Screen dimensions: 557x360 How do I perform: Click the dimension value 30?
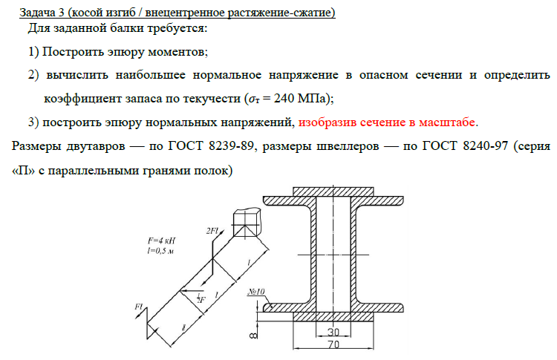332,331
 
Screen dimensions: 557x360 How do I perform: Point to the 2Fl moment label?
215,231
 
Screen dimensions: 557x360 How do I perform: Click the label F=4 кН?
162,241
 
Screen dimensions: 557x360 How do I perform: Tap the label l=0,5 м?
160,252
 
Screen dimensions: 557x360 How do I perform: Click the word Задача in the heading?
38,13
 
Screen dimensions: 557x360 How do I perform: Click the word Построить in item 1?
71,53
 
